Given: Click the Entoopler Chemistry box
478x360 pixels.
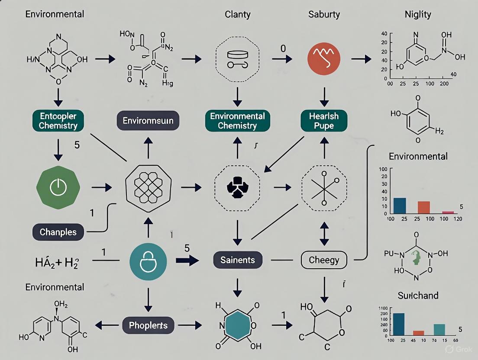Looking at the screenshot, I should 58,120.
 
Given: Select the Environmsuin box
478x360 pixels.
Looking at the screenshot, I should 148,120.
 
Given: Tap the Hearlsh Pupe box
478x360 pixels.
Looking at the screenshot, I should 324,120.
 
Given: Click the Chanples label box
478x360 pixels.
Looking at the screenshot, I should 58,232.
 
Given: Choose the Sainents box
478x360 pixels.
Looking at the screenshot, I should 237,260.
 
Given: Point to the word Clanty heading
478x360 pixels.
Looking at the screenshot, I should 238,14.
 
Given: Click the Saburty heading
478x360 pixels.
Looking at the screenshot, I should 324,14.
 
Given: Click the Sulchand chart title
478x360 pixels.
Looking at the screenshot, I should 418,296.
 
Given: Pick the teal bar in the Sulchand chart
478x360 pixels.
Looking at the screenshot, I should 439,330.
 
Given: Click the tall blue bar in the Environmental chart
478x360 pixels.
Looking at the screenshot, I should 400,206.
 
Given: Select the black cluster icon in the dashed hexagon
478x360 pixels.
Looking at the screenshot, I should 237,187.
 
